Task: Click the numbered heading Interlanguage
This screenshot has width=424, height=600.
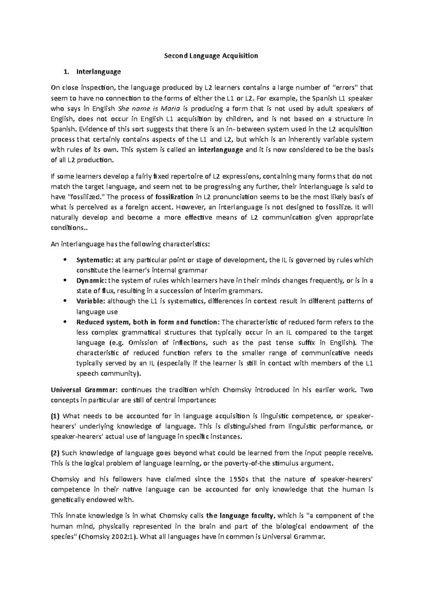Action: tap(98, 72)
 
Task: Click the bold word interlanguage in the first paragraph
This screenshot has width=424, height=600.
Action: tap(221, 149)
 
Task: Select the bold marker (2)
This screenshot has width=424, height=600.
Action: tap(56, 453)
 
